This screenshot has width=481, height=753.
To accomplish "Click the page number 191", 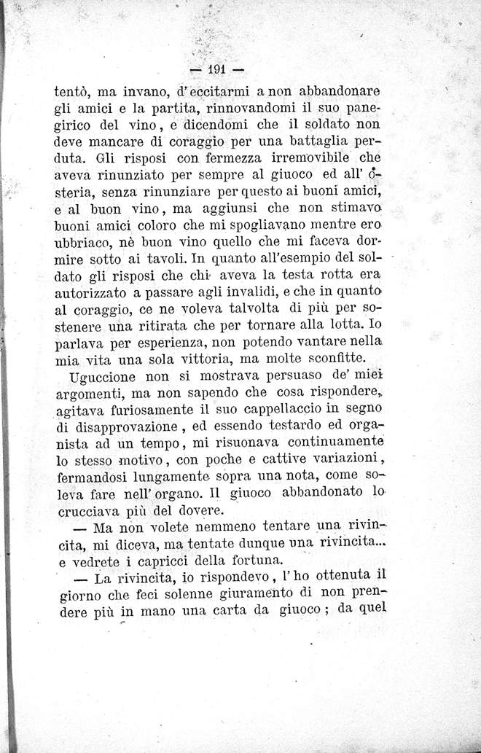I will (216, 70).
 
